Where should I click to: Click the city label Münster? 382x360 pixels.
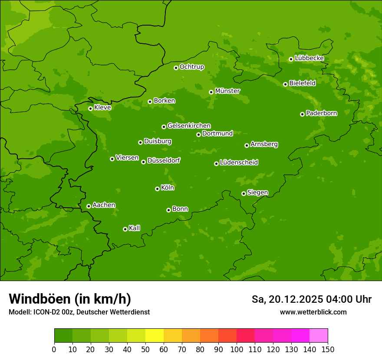point(227,91)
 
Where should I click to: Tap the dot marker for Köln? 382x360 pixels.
point(157,189)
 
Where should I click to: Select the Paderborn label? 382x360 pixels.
point(321,113)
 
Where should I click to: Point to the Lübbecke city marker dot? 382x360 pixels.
point(291,59)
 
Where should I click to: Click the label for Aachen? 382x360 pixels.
point(104,205)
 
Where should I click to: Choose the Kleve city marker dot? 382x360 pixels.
point(90,108)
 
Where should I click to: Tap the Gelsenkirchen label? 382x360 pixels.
point(189,126)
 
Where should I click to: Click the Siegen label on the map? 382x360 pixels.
point(257,193)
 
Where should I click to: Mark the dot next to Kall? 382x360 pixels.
point(125,229)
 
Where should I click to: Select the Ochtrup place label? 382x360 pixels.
point(191,67)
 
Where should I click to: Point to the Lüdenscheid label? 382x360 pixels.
point(239,163)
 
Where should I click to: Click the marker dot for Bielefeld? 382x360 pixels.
point(285,84)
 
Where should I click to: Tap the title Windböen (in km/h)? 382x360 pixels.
point(70,299)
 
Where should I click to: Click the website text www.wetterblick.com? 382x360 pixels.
point(313,312)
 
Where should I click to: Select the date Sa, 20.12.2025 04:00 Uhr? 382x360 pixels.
point(311,299)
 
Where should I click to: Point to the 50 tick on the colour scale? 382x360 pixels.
point(145,349)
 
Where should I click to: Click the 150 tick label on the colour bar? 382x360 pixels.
point(328,349)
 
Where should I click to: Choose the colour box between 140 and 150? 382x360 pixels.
point(319,336)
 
